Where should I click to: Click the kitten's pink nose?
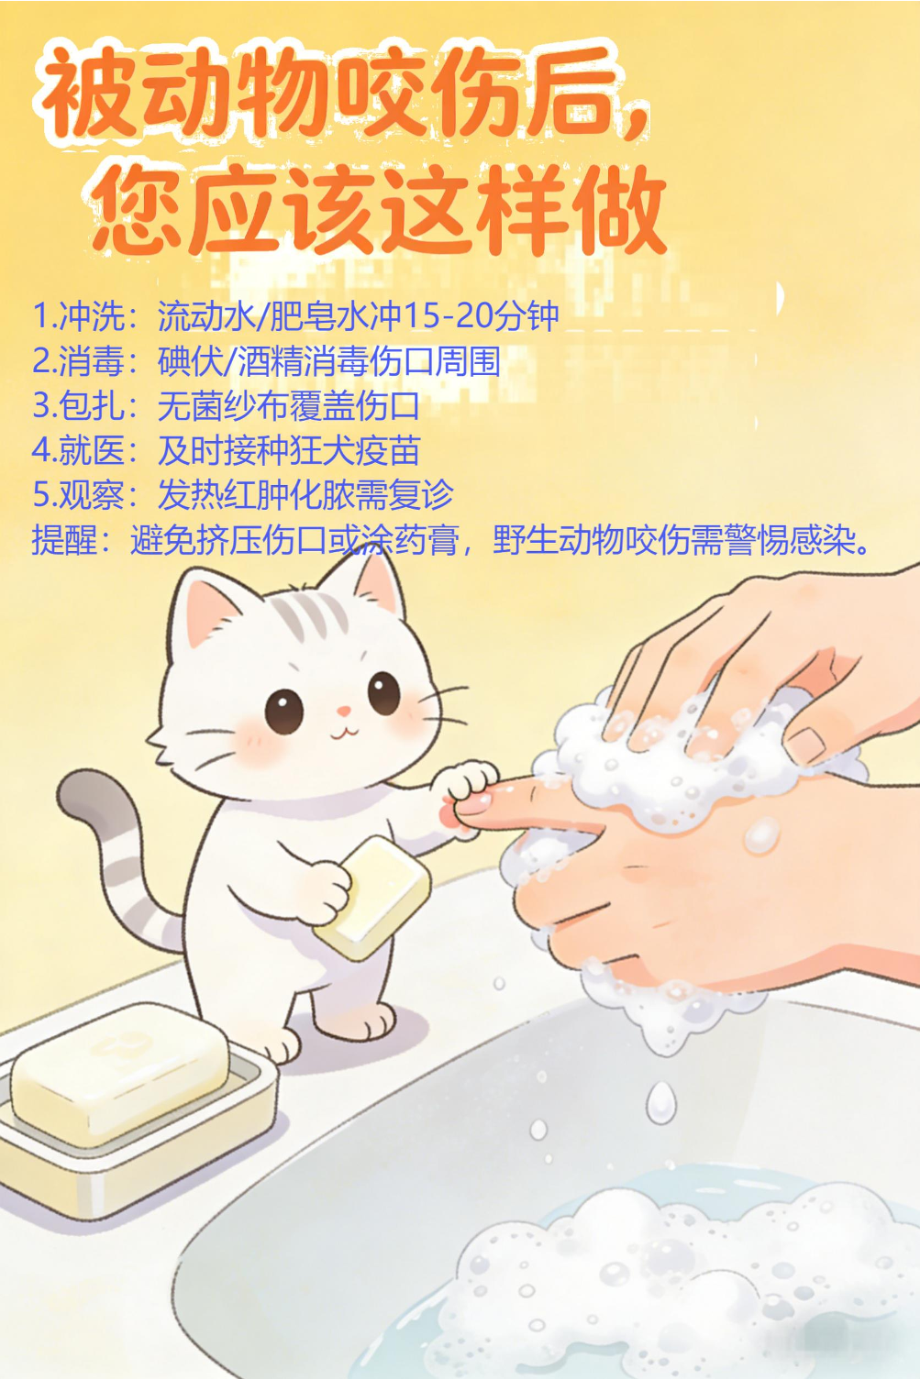[x=344, y=712]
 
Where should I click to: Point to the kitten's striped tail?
[x=117, y=862]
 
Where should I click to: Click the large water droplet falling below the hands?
[x=661, y=1102]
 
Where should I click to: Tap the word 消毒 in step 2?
[x=93, y=360]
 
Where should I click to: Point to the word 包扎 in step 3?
[x=93, y=405]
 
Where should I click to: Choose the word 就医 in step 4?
[x=93, y=450]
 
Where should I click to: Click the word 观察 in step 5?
[x=93, y=494]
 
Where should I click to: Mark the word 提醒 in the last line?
[x=64, y=540]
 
